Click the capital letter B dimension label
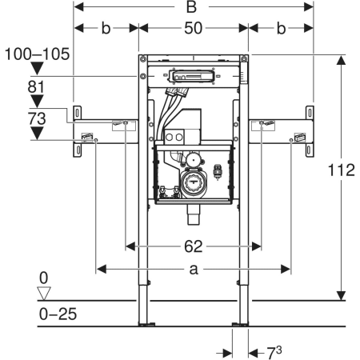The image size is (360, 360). point(191,6)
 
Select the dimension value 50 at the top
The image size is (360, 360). point(194,28)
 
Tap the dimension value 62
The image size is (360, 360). point(194,246)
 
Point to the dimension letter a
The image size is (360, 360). point(194,270)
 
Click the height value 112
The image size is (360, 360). point(341,170)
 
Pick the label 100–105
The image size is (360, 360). point(38,54)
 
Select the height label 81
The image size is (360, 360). point(36,87)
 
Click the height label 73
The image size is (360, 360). point(37,118)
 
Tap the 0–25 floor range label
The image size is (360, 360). point(58,314)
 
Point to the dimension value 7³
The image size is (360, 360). point(274,353)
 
